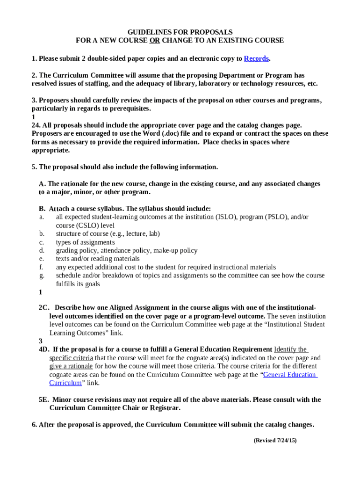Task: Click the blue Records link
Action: pos(256,59)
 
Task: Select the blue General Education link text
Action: pos(290,375)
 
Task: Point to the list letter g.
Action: pos(42,276)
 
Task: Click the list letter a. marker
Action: pos(42,217)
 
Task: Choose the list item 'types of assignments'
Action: pos(85,242)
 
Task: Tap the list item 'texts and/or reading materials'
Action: pos(98,259)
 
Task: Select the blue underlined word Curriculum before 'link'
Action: pos(65,383)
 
